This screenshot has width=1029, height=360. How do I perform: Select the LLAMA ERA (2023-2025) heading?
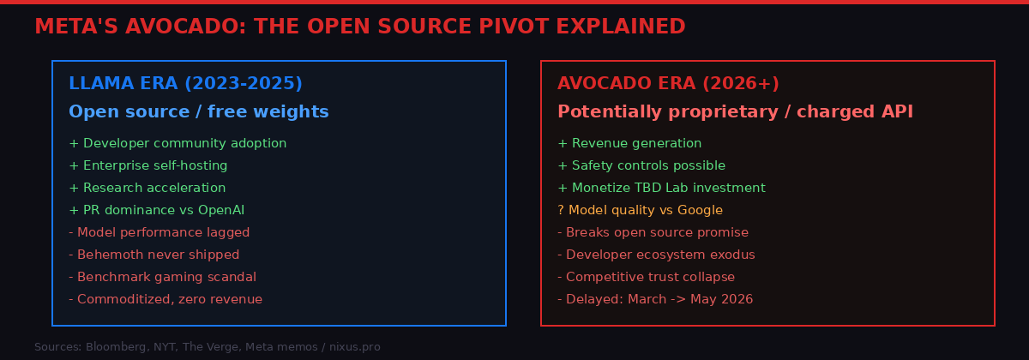(185, 84)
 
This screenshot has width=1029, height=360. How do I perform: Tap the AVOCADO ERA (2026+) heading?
(668, 84)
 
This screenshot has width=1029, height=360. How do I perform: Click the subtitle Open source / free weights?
(198, 112)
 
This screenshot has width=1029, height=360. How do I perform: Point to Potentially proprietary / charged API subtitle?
(735, 112)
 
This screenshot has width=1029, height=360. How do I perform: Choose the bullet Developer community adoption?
(178, 143)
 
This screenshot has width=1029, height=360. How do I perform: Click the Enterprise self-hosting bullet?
(147, 165)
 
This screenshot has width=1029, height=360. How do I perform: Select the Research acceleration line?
(147, 188)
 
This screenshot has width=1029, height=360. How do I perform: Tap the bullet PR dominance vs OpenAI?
(162, 210)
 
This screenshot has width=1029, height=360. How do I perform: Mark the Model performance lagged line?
(159, 232)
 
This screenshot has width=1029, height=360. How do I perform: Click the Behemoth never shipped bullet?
(153, 255)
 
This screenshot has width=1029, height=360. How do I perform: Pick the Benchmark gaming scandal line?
(162, 277)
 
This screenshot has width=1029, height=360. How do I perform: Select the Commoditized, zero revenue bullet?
(165, 299)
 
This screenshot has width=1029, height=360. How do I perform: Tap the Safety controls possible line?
(641, 165)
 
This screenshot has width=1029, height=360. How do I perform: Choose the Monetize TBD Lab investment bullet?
(661, 188)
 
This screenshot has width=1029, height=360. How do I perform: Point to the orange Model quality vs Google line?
(640, 210)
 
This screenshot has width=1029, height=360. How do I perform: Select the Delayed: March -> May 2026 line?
(655, 299)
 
